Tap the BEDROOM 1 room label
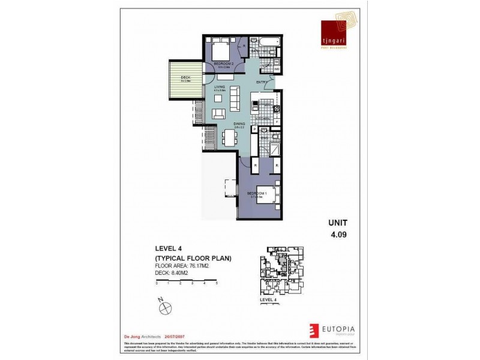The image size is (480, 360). click(258, 193)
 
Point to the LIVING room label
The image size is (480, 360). click(219, 87)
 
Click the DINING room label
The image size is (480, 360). click(239, 124)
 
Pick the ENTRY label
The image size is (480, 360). click(262, 82)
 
